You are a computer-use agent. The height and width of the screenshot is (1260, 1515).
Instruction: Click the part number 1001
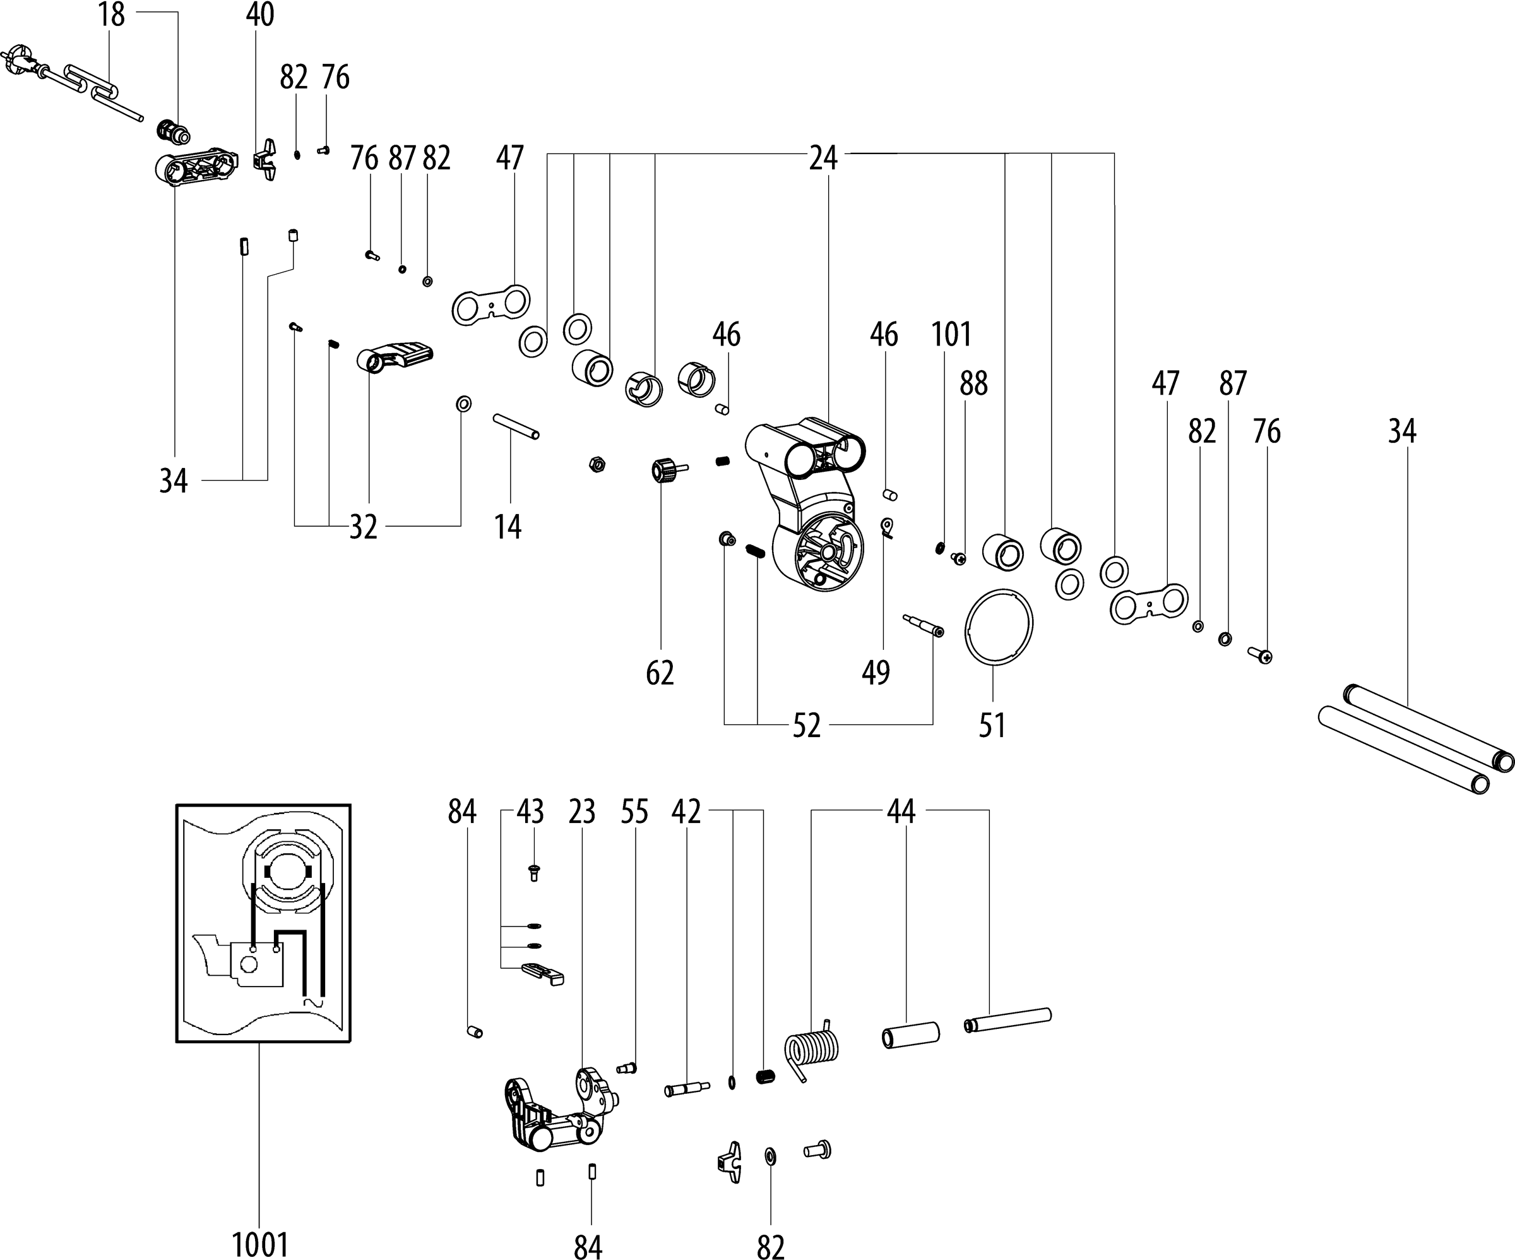(259, 1245)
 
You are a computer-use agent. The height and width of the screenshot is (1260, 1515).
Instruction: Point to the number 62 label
(660, 673)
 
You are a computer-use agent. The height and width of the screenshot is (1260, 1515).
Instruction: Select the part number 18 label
(111, 15)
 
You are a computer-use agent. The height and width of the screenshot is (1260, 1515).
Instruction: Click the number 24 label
(823, 157)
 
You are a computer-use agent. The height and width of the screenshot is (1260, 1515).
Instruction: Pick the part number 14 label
(508, 527)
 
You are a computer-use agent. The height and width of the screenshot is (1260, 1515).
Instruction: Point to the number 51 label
(992, 725)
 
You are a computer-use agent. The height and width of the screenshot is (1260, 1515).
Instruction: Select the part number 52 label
(807, 726)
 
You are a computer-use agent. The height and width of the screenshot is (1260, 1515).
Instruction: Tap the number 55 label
(634, 812)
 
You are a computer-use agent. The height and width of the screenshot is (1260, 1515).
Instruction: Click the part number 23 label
(581, 812)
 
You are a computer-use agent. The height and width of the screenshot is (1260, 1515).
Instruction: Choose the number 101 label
(951, 335)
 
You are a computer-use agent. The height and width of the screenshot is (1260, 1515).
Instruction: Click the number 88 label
(973, 384)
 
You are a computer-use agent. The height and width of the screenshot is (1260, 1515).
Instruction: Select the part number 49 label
(876, 673)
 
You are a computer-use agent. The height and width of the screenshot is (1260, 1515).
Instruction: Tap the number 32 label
(363, 527)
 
